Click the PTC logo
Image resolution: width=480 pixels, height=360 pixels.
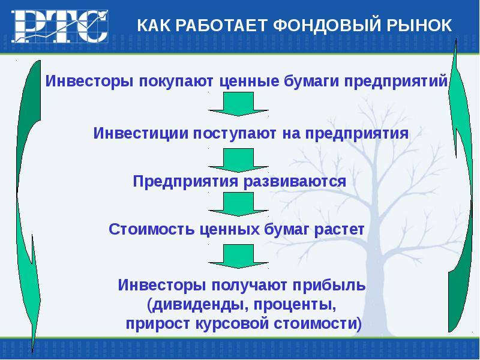60,26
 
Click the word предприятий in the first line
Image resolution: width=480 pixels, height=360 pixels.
396,82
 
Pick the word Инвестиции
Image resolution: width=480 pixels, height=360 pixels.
140,133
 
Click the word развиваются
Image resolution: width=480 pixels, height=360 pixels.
295,182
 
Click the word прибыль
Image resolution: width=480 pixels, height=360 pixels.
329,286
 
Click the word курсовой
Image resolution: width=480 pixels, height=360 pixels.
232,324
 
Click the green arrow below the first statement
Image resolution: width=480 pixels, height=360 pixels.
238,104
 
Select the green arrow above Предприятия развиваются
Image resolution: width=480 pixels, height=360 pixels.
238,160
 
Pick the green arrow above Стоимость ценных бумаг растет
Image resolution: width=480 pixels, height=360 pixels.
238,204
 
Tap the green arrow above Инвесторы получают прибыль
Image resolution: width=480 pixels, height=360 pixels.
238,257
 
